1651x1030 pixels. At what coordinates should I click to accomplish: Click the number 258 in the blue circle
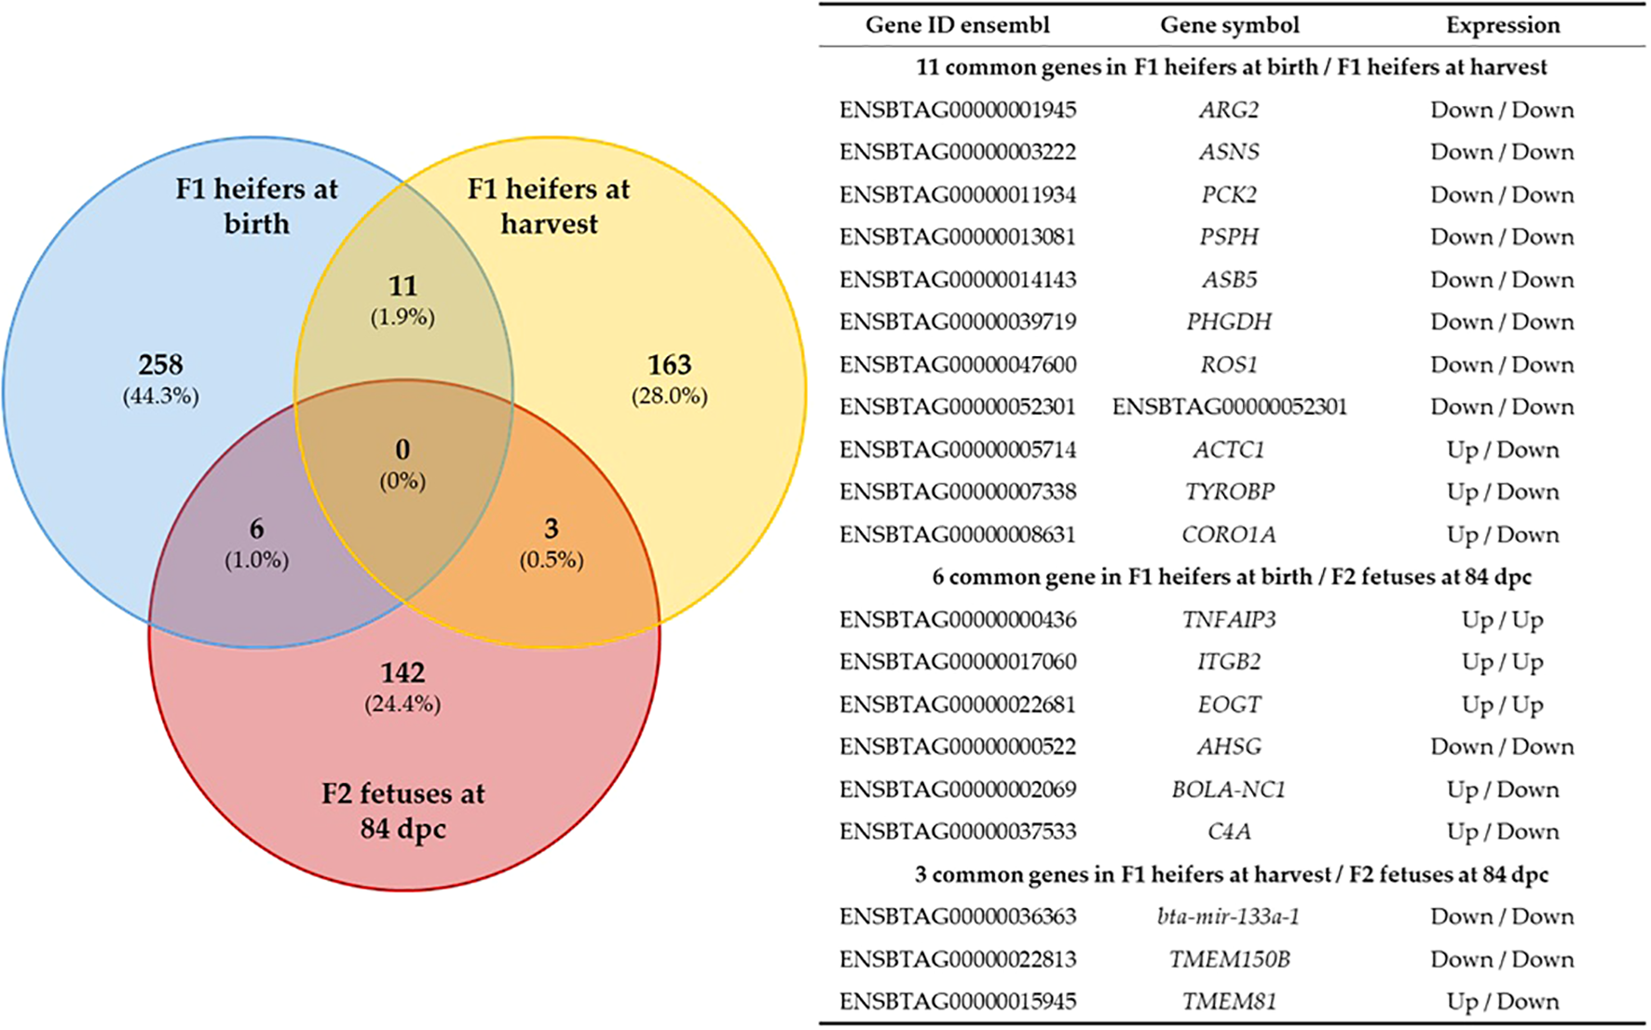160,364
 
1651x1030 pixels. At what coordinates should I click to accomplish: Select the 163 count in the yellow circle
669,364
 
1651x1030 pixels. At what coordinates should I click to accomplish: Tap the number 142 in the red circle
403,672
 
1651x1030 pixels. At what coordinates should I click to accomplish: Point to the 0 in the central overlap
403,449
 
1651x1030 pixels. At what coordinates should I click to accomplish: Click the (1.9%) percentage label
403,317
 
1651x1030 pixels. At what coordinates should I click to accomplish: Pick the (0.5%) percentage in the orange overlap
552,559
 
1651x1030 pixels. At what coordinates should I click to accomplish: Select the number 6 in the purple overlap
256,529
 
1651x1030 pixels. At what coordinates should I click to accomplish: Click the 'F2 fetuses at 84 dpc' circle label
403,810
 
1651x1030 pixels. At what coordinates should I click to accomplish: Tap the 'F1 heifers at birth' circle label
256,205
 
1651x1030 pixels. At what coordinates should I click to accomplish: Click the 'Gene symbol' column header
1229,25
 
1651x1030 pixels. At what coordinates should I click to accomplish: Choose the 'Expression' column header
1502,25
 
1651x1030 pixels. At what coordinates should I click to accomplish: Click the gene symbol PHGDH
1229,322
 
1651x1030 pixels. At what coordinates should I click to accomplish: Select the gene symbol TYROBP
1229,491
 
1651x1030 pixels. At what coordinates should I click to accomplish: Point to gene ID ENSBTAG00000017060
957,662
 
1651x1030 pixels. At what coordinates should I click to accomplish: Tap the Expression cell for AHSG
1502,747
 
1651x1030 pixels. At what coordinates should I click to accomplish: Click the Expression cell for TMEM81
1502,1001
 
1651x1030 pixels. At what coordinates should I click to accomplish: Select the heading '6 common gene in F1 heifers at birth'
1231,577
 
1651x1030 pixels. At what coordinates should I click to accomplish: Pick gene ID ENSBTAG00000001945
957,110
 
